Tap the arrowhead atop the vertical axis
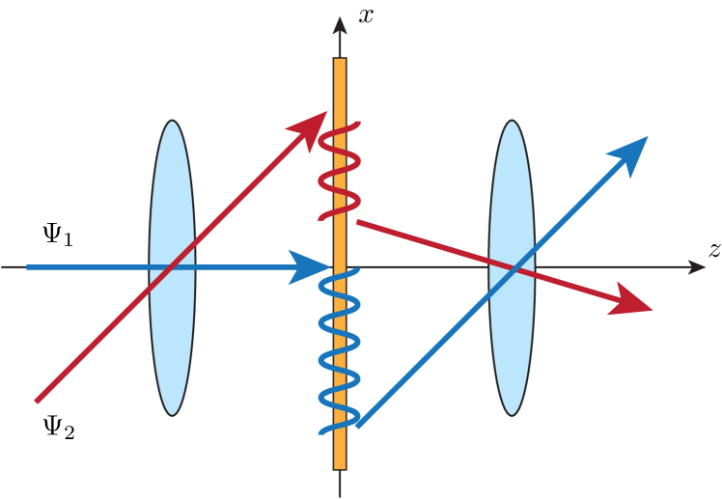[340, 25]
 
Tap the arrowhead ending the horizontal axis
[697, 267]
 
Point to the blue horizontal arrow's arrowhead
[313, 267]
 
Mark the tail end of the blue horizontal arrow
[28, 267]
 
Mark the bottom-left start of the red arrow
[37, 400]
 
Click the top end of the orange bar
[340, 60]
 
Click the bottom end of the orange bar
[340, 468]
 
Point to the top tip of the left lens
[172, 122]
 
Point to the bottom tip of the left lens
[172, 414]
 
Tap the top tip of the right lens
[512, 122]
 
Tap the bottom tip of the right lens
[512, 414]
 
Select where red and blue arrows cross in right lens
[516, 266]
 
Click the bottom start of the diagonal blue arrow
[358, 424]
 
